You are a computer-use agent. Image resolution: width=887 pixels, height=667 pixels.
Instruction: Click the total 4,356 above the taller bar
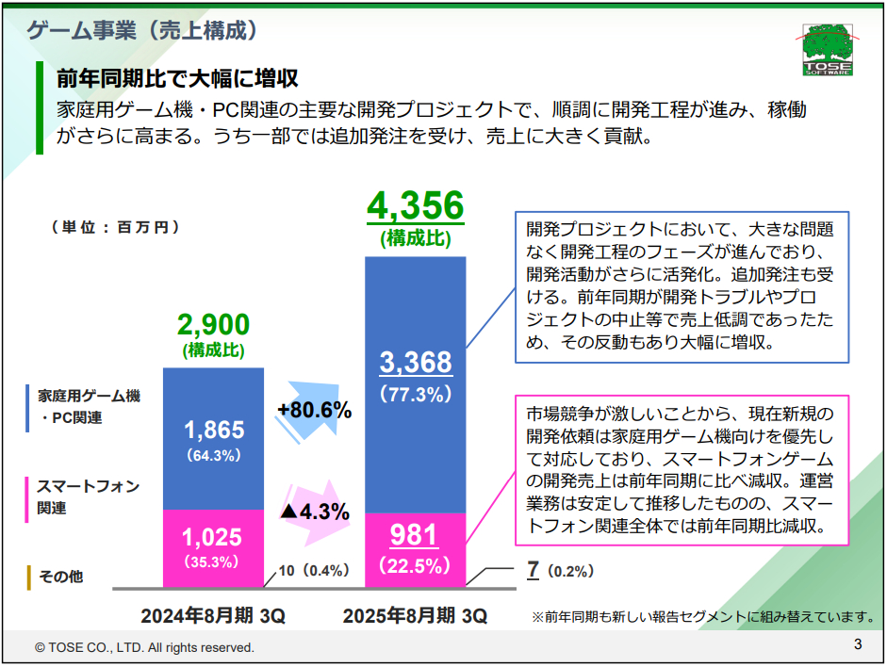415,205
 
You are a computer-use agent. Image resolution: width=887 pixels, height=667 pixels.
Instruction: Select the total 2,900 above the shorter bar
213,325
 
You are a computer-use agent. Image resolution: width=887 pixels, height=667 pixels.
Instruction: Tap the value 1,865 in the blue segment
213,431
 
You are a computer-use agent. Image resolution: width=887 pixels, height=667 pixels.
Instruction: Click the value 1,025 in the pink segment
212,537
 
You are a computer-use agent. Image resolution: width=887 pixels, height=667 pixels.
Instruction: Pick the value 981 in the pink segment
415,535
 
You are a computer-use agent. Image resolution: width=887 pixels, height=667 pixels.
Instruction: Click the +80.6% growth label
314,410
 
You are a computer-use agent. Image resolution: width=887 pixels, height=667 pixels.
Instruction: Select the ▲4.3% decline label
315,512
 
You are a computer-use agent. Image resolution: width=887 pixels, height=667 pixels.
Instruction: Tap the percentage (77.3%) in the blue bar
416,396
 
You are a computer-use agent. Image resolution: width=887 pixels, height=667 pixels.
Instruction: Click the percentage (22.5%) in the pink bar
416,566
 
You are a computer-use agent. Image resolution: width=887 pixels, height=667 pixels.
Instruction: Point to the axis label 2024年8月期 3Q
213,616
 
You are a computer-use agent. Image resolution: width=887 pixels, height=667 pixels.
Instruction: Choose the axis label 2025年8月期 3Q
416,616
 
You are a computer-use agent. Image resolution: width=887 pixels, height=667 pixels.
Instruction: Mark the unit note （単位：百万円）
110,227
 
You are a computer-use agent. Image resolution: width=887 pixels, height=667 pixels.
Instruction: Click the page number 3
858,645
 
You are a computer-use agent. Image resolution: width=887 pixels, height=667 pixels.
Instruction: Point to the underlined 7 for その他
533,569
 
